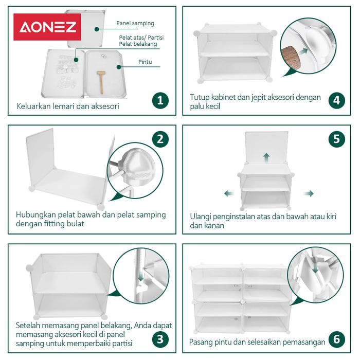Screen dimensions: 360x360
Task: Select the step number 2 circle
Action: (x=160, y=138)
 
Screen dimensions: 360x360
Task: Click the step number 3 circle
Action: (x=160, y=339)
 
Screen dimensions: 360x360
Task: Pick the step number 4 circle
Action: (x=337, y=100)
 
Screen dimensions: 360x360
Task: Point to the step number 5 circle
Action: (x=337, y=138)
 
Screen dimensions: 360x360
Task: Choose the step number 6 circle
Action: (x=337, y=339)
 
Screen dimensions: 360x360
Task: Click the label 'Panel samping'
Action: (x=135, y=24)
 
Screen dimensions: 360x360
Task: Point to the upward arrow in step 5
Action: (x=266, y=157)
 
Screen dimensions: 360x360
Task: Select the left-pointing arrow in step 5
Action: (x=229, y=193)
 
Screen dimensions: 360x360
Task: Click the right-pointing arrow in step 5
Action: (x=308, y=193)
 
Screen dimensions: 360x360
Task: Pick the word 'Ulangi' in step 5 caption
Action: (x=201, y=217)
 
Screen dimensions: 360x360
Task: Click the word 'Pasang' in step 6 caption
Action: (x=202, y=341)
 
